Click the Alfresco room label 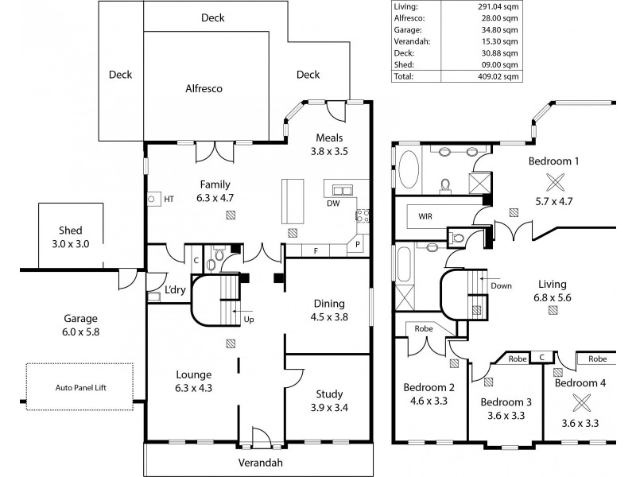click(x=204, y=90)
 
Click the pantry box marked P click(x=358, y=244)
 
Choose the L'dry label click(x=175, y=290)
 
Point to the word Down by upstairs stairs click(x=502, y=285)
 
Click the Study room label click(x=328, y=394)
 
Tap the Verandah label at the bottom click(x=261, y=462)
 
